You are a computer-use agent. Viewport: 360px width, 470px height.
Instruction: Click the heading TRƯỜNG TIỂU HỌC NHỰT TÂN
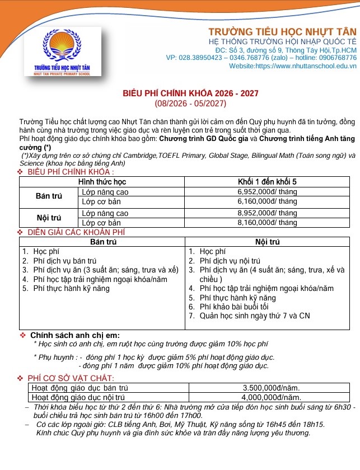point(282,31)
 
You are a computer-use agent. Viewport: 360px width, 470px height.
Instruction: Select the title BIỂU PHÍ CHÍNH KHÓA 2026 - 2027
point(190,93)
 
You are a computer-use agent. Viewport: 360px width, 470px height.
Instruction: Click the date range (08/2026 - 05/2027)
point(190,104)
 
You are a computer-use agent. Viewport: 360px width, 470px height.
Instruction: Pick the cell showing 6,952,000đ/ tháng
point(267,191)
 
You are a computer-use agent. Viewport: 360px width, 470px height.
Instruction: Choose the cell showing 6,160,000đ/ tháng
point(267,200)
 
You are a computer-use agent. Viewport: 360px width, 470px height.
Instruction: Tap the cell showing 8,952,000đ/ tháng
point(267,213)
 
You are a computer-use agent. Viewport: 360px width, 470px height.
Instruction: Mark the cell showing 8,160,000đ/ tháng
point(267,222)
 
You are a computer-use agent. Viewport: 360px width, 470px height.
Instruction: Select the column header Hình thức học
point(102,182)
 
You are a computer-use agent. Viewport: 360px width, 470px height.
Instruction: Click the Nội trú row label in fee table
point(48,218)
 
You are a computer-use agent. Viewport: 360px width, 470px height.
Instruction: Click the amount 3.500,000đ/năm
point(272,387)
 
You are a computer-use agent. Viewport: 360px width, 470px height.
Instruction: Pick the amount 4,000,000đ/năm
point(272,397)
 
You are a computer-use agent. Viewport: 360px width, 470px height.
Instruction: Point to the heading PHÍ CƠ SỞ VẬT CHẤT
point(71,379)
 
